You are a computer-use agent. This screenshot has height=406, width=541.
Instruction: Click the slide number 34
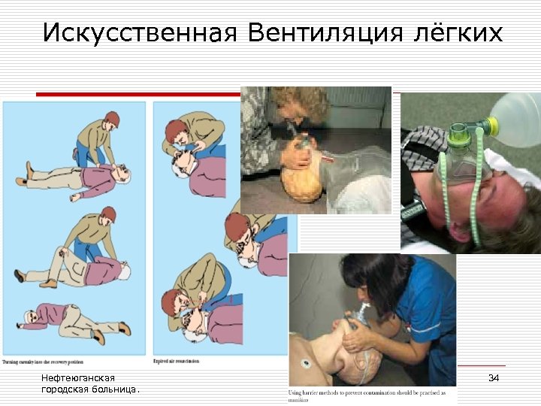494,377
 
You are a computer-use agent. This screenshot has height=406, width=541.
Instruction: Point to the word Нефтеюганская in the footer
78,377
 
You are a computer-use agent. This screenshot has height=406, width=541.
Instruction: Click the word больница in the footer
113,389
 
